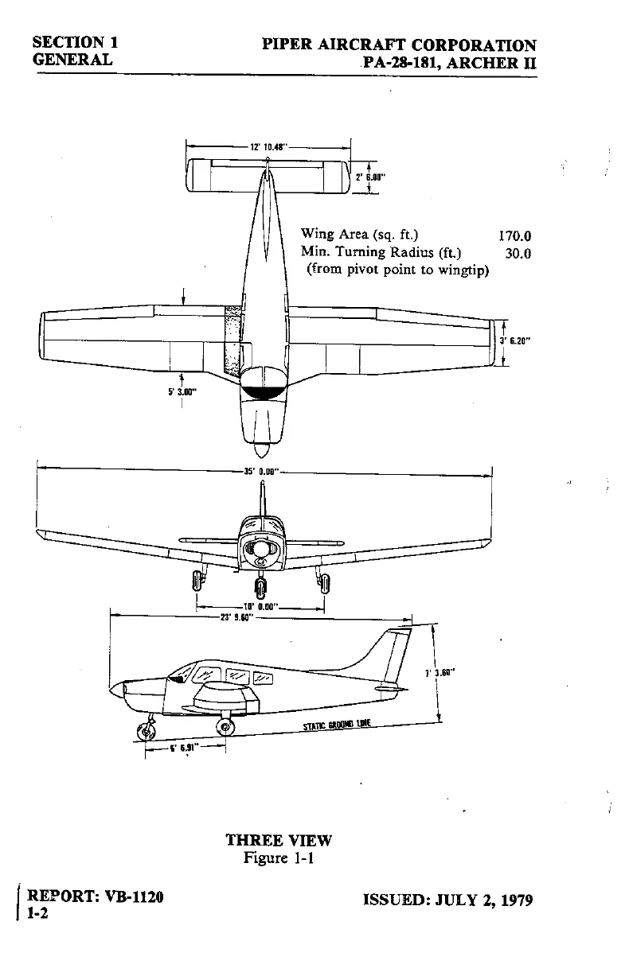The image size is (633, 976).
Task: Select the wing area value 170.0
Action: click(x=514, y=235)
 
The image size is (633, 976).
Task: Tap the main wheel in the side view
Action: click(x=225, y=725)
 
